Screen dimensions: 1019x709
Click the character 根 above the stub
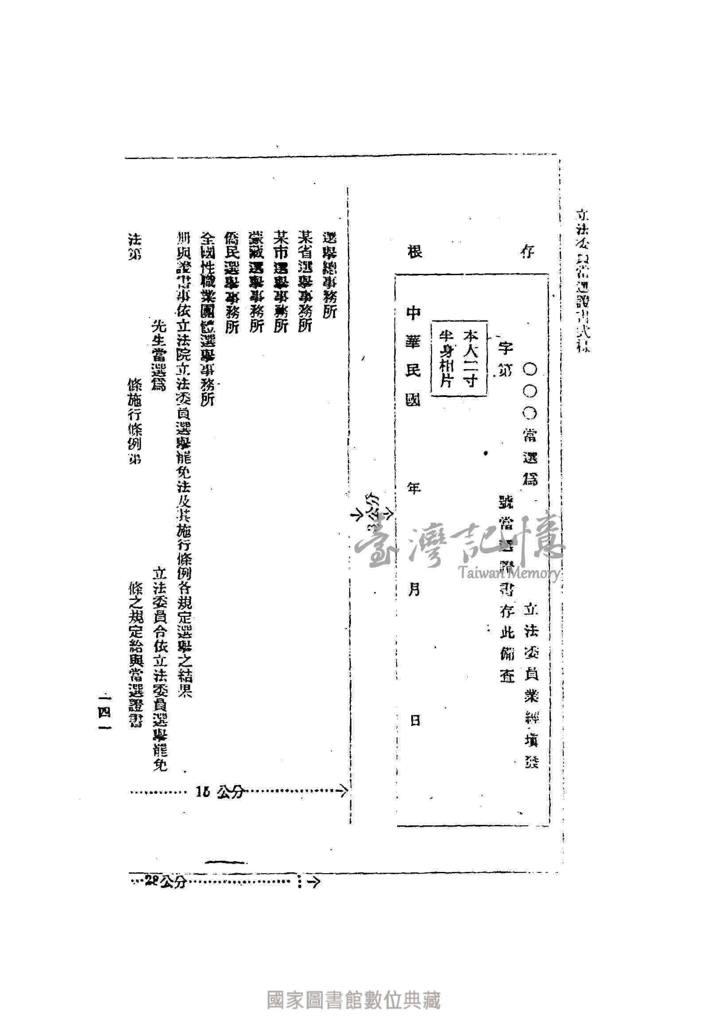tap(414, 253)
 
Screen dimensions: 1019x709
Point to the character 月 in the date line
tap(414, 589)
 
